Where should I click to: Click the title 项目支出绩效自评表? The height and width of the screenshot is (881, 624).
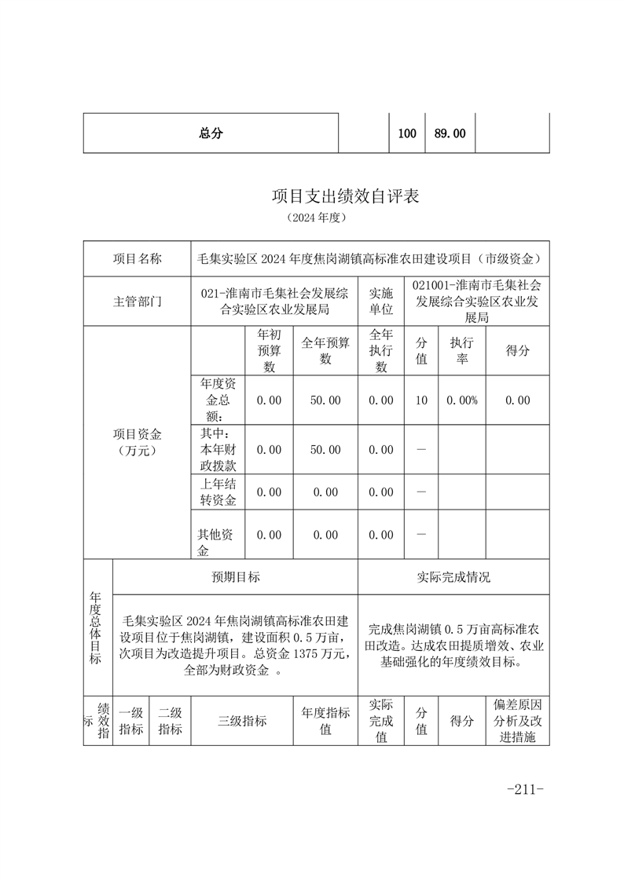[345, 196]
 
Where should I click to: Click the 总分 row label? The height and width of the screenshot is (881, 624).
[211, 133]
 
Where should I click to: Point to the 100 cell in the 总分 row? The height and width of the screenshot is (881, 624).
[407, 133]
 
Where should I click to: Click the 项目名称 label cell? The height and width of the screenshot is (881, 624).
[138, 258]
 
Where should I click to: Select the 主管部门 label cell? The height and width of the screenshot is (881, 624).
[138, 302]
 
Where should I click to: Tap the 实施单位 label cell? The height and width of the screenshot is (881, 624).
[381, 302]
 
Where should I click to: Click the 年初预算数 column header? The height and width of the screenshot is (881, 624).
[269, 350]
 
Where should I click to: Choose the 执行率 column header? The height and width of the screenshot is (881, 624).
[461, 350]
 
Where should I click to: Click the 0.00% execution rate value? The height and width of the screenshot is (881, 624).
[461, 400]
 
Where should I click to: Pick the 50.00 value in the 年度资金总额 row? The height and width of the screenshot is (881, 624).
[325, 400]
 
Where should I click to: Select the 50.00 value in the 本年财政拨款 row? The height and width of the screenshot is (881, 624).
[325, 450]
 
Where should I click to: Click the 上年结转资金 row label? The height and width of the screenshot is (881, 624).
[218, 492]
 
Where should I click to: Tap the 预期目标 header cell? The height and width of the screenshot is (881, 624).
[236, 577]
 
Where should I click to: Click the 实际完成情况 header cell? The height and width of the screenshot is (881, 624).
[453, 577]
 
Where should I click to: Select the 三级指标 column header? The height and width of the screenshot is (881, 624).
[242, 721]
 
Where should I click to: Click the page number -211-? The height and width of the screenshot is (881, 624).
[526, 789]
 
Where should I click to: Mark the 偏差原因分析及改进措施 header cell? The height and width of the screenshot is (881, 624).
[517, 721]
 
